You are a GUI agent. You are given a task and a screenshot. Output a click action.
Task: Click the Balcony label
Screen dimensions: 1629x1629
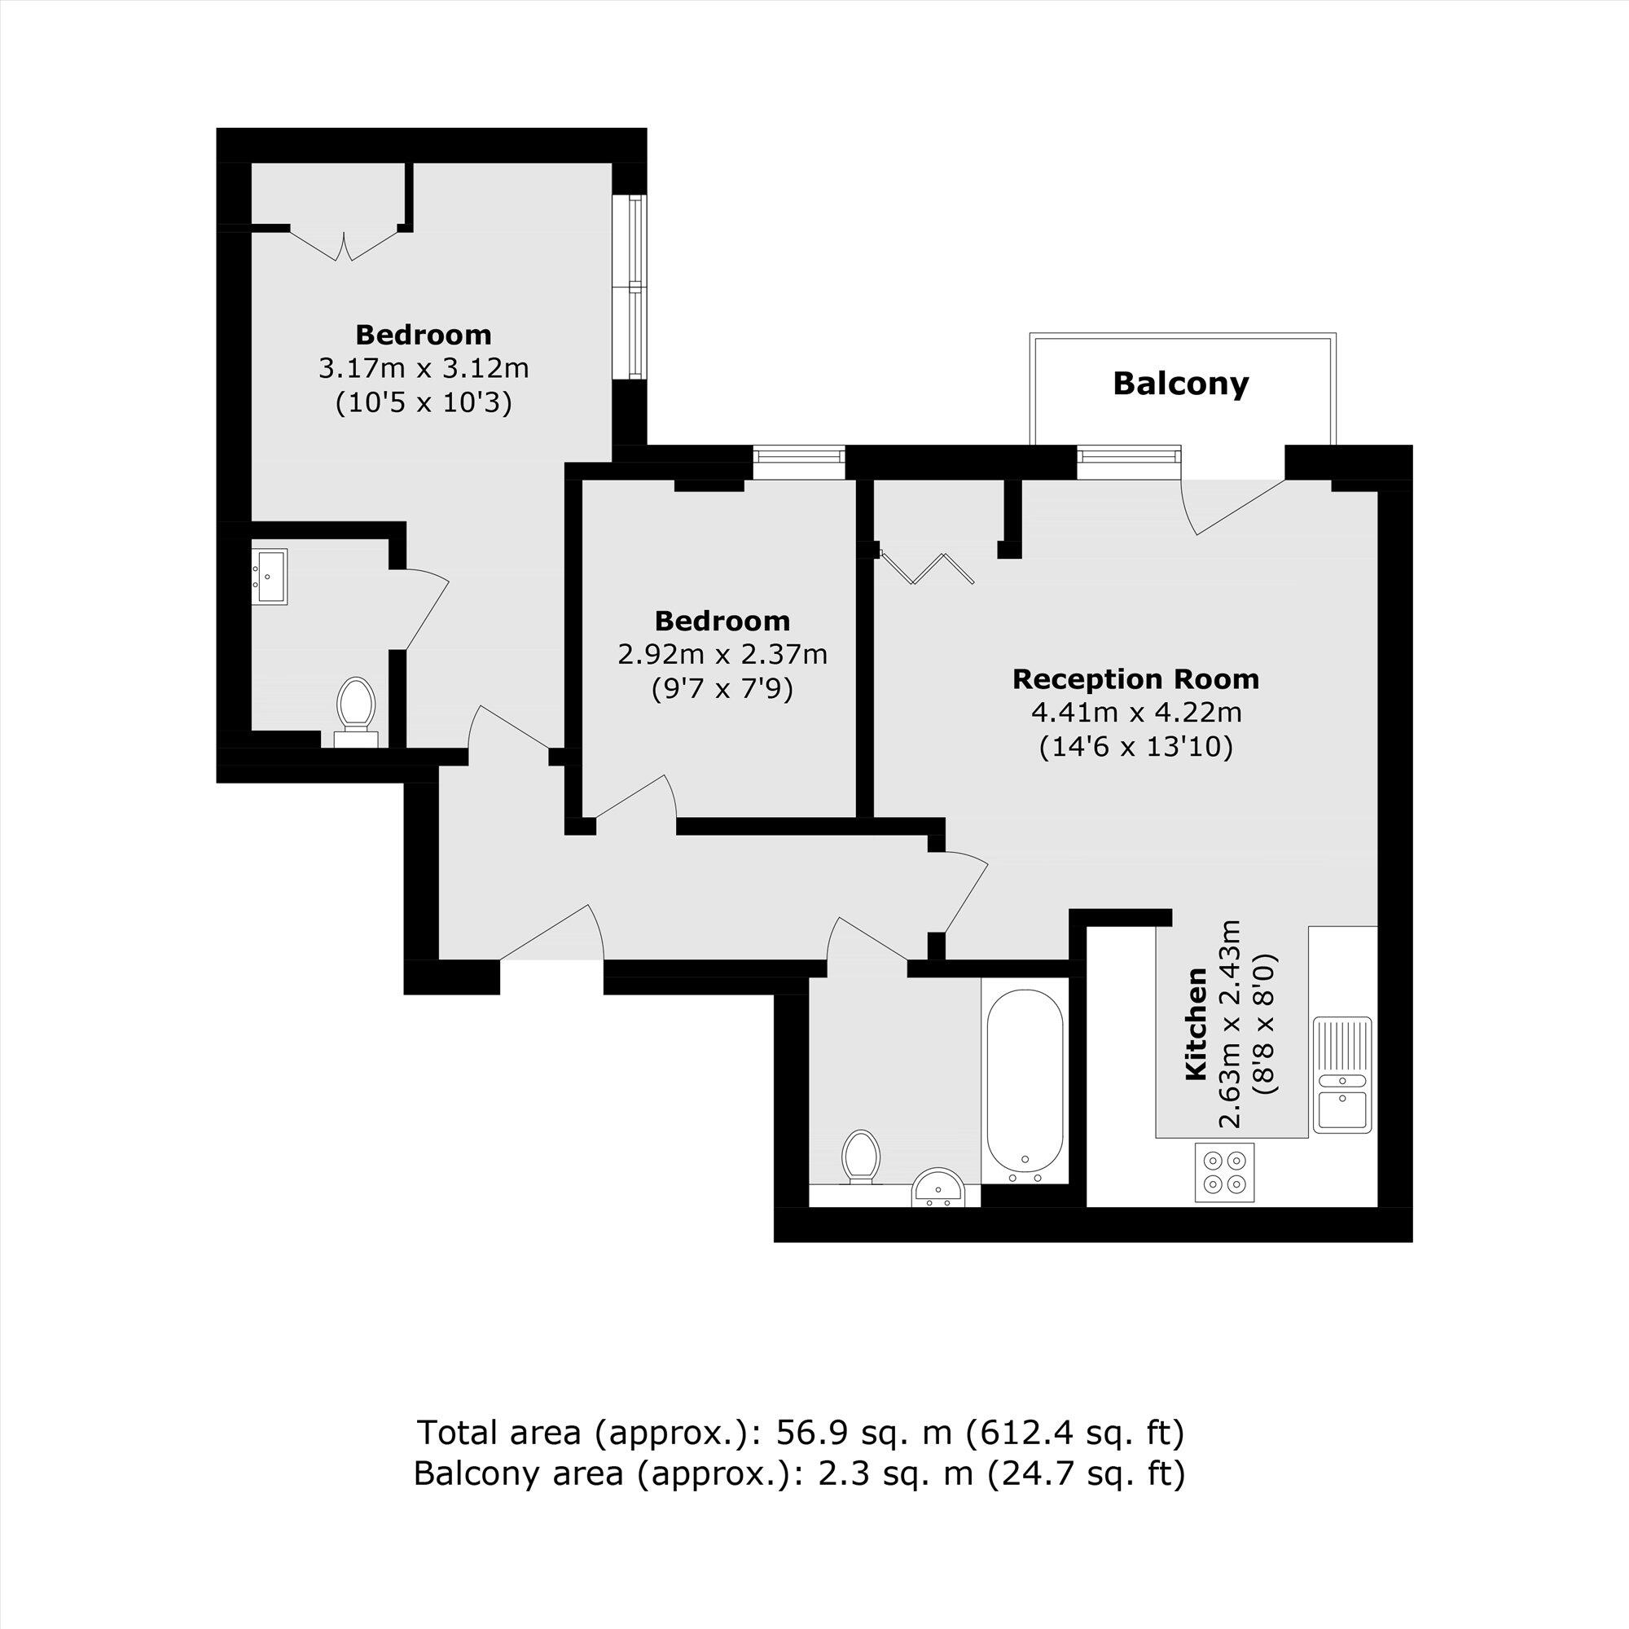[1179, 384]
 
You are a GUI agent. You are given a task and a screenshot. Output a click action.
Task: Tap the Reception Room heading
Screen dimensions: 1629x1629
[1135, 678]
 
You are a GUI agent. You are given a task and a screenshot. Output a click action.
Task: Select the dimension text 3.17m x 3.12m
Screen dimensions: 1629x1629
[424, 368]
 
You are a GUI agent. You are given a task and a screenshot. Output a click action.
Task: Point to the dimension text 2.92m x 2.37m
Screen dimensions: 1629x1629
[722, 654]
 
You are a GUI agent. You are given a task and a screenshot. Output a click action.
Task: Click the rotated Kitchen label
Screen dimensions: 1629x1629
[1196, 1025]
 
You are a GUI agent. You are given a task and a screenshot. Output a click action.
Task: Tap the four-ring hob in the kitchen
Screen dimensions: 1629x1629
[1224, 1173]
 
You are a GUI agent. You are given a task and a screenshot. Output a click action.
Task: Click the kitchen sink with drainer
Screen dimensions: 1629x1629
[1342, 1075]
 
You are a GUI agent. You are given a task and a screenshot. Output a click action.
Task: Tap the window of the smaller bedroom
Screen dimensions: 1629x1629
[798, 455]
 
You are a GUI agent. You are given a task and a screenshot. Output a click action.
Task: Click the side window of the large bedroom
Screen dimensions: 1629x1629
[638, 287]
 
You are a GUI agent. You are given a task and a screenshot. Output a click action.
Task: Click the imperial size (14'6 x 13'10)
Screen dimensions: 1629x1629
[1135, 747]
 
